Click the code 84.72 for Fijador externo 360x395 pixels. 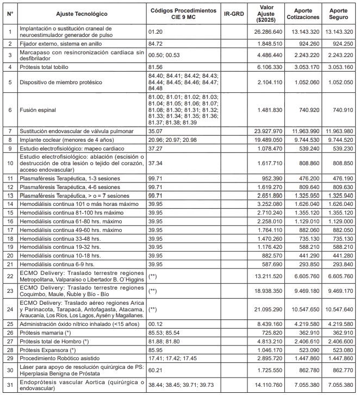pos(157,42)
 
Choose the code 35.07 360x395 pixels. pos(157,131)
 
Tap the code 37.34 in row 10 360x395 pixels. pos(157,162)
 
